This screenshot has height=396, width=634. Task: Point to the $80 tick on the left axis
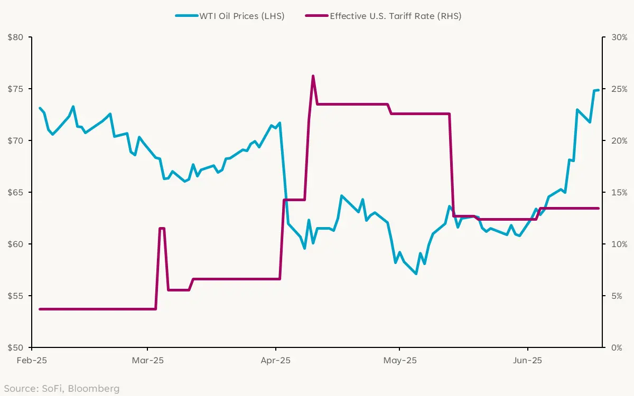pos(16,37)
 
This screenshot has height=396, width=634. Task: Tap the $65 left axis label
pos(16,192)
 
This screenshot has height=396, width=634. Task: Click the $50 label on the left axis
pos(16,347)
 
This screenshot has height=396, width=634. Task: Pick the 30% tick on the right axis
pos(619,37)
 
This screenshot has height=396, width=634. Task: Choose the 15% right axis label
pos(619,192)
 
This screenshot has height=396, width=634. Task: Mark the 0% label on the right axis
pos(617,347)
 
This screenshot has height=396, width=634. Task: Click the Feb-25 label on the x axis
pos(32,361)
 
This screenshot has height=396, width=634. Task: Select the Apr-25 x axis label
pos(276,361)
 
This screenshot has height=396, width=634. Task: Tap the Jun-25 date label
pos(528,361)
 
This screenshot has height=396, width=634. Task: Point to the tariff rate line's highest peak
pos(313,76)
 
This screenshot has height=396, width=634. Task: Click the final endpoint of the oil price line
pos(598,90)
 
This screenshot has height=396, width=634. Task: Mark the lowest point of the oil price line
pos(416,274)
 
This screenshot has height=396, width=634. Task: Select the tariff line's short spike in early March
pos(162,228)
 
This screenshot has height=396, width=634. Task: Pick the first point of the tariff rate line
pos(40,309)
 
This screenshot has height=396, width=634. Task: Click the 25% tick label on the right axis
pos(619,89)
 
